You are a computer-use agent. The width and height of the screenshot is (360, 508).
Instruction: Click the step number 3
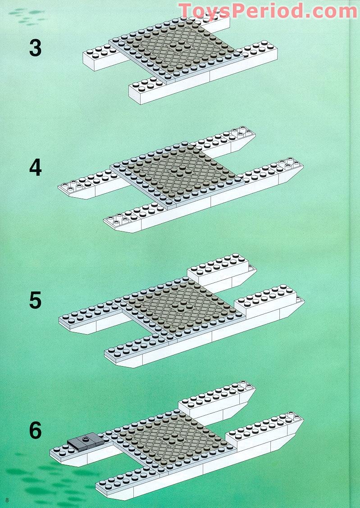coord(35,48)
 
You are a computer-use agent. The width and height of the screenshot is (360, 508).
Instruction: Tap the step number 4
coord(35,168)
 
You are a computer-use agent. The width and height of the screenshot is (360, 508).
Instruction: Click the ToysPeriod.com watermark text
coord(268,11)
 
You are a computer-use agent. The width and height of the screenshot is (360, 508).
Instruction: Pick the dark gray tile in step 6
coord(86,442)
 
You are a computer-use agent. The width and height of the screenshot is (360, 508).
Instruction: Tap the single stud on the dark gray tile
coord(86,439)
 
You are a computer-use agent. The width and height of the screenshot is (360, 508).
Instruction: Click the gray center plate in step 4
coord(177,174)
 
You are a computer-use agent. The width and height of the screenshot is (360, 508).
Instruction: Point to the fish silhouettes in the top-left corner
coord(27,16)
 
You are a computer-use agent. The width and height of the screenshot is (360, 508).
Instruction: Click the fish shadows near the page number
coord(52,483)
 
